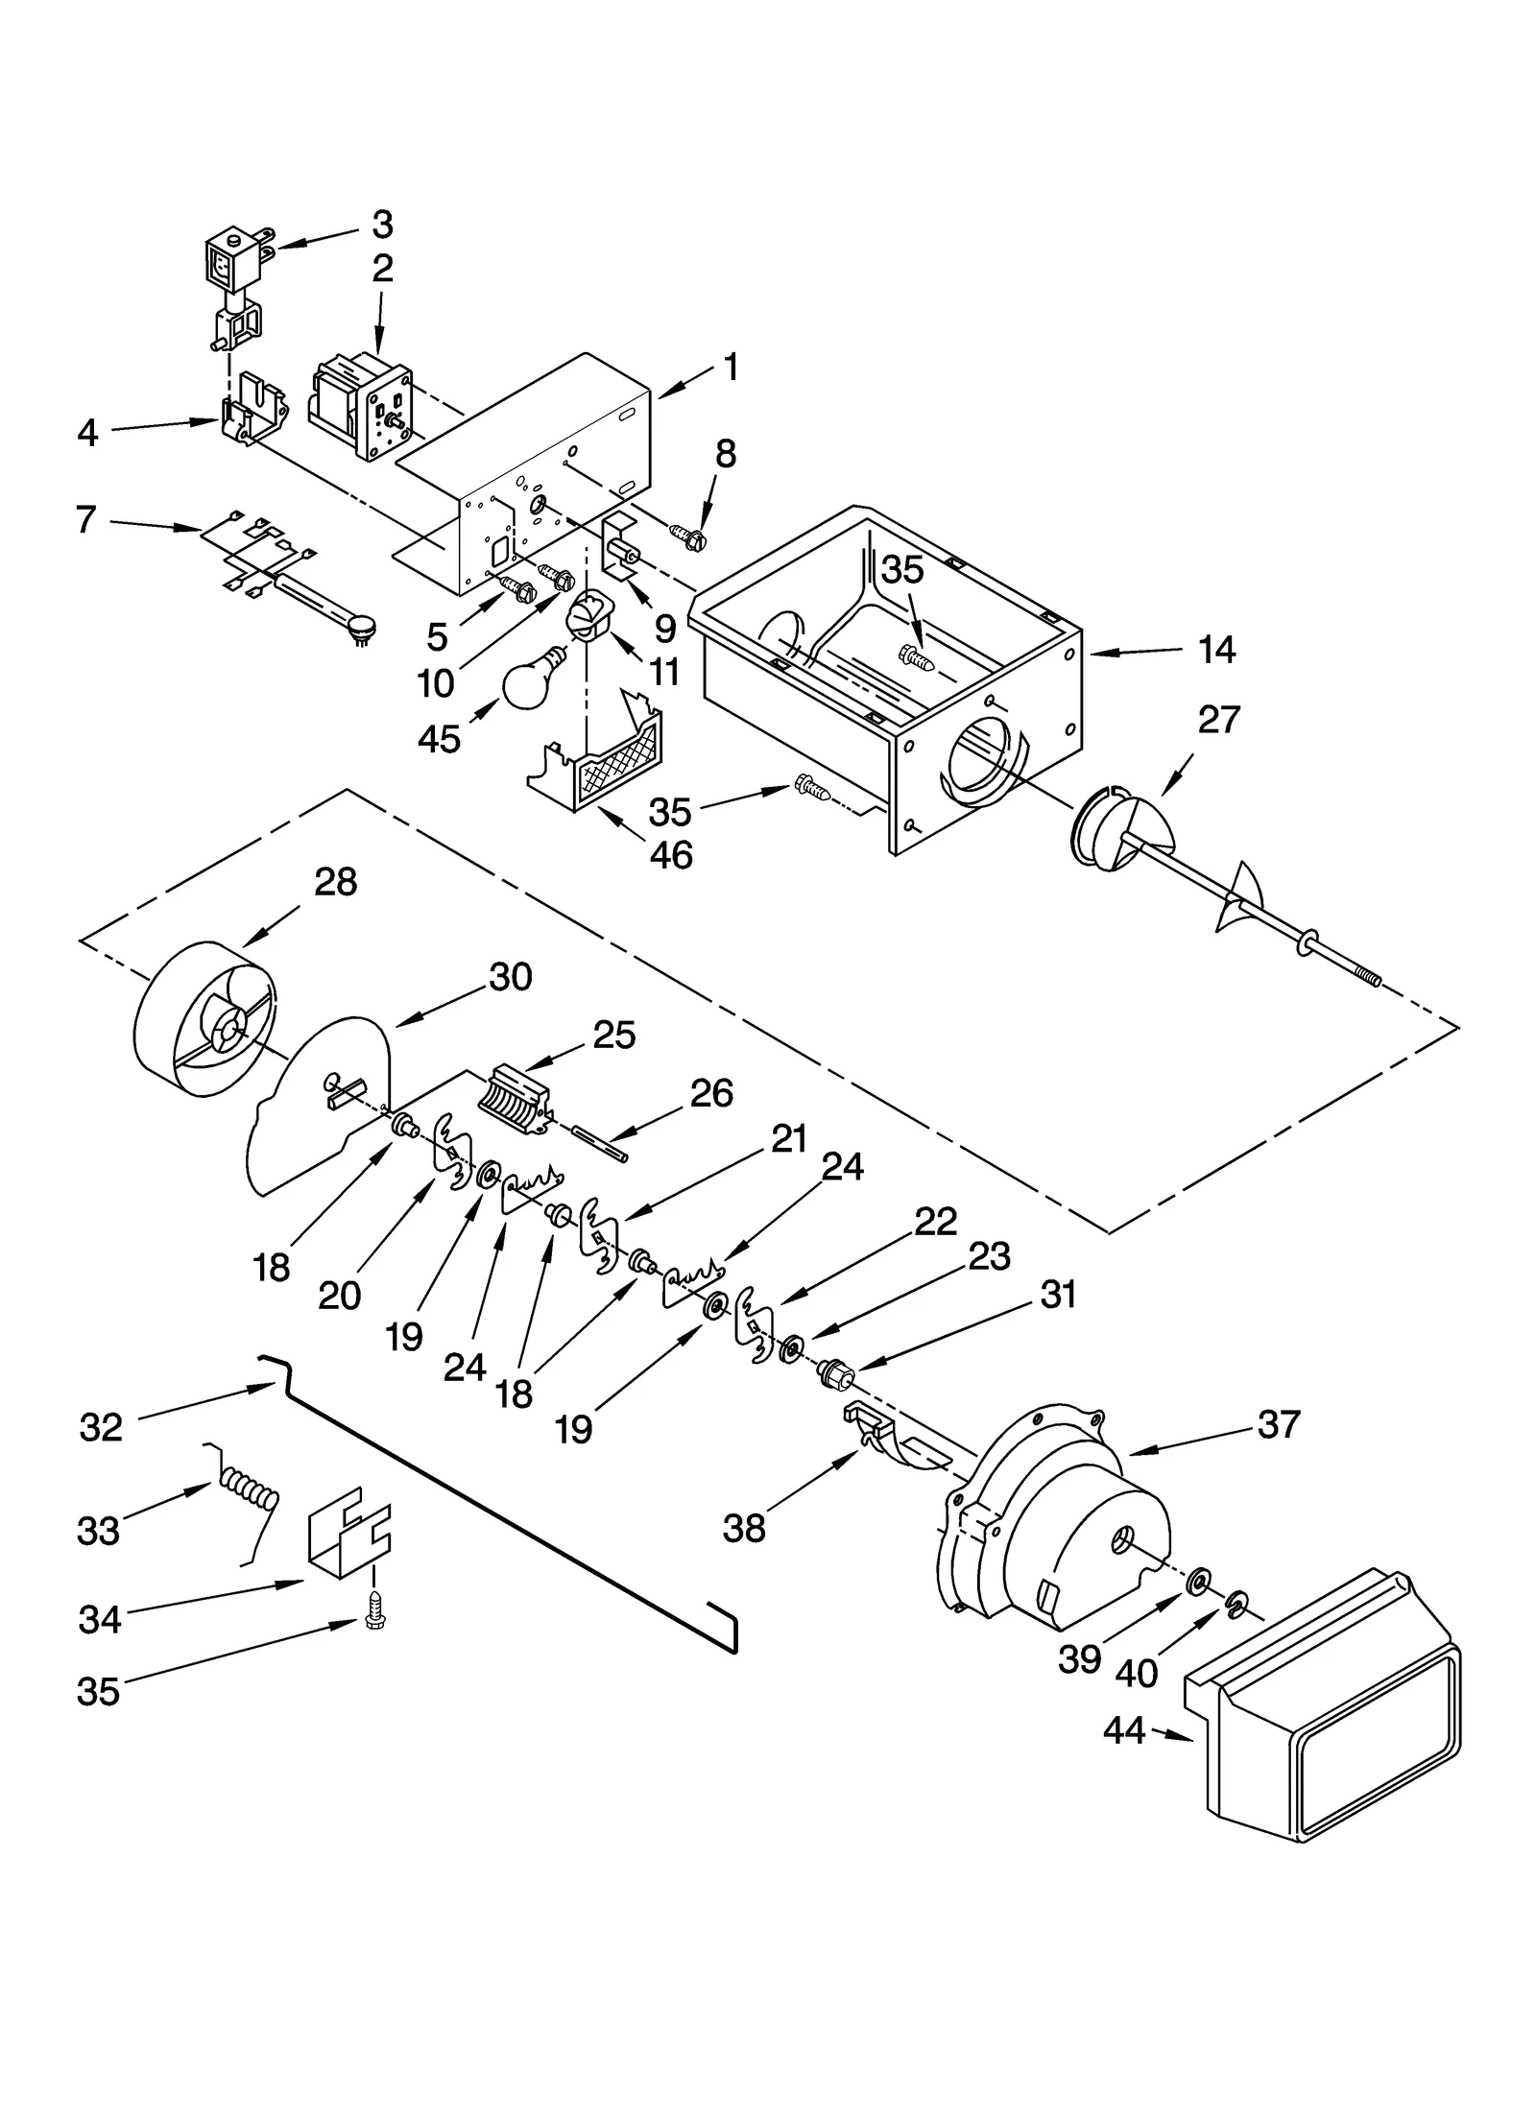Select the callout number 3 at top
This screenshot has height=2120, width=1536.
382,225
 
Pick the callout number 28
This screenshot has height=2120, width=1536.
336,881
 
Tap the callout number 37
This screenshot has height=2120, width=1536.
1279,1425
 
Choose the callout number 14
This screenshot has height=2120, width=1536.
1216,650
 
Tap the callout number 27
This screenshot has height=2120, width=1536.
1219,719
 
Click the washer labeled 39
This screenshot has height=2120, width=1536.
1198,1579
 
